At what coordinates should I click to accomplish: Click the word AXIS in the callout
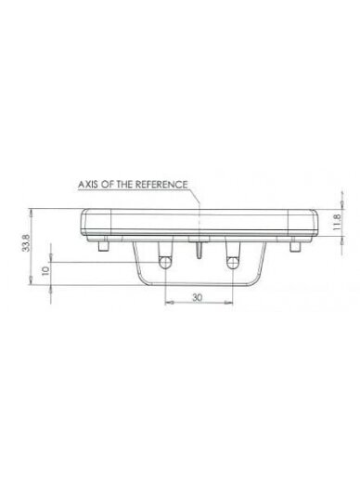point(87,185)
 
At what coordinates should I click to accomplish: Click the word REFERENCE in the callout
point(161,185)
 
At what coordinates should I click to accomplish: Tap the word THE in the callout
point(124,185)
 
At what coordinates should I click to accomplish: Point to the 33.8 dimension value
point(26,242)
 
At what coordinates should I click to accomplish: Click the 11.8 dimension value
point(337,222)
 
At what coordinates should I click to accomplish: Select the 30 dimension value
point(197,297)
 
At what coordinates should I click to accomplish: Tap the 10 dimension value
point(45,270)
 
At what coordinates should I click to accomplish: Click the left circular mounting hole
point(165,263)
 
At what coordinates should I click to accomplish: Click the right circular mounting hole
point(232,263)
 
